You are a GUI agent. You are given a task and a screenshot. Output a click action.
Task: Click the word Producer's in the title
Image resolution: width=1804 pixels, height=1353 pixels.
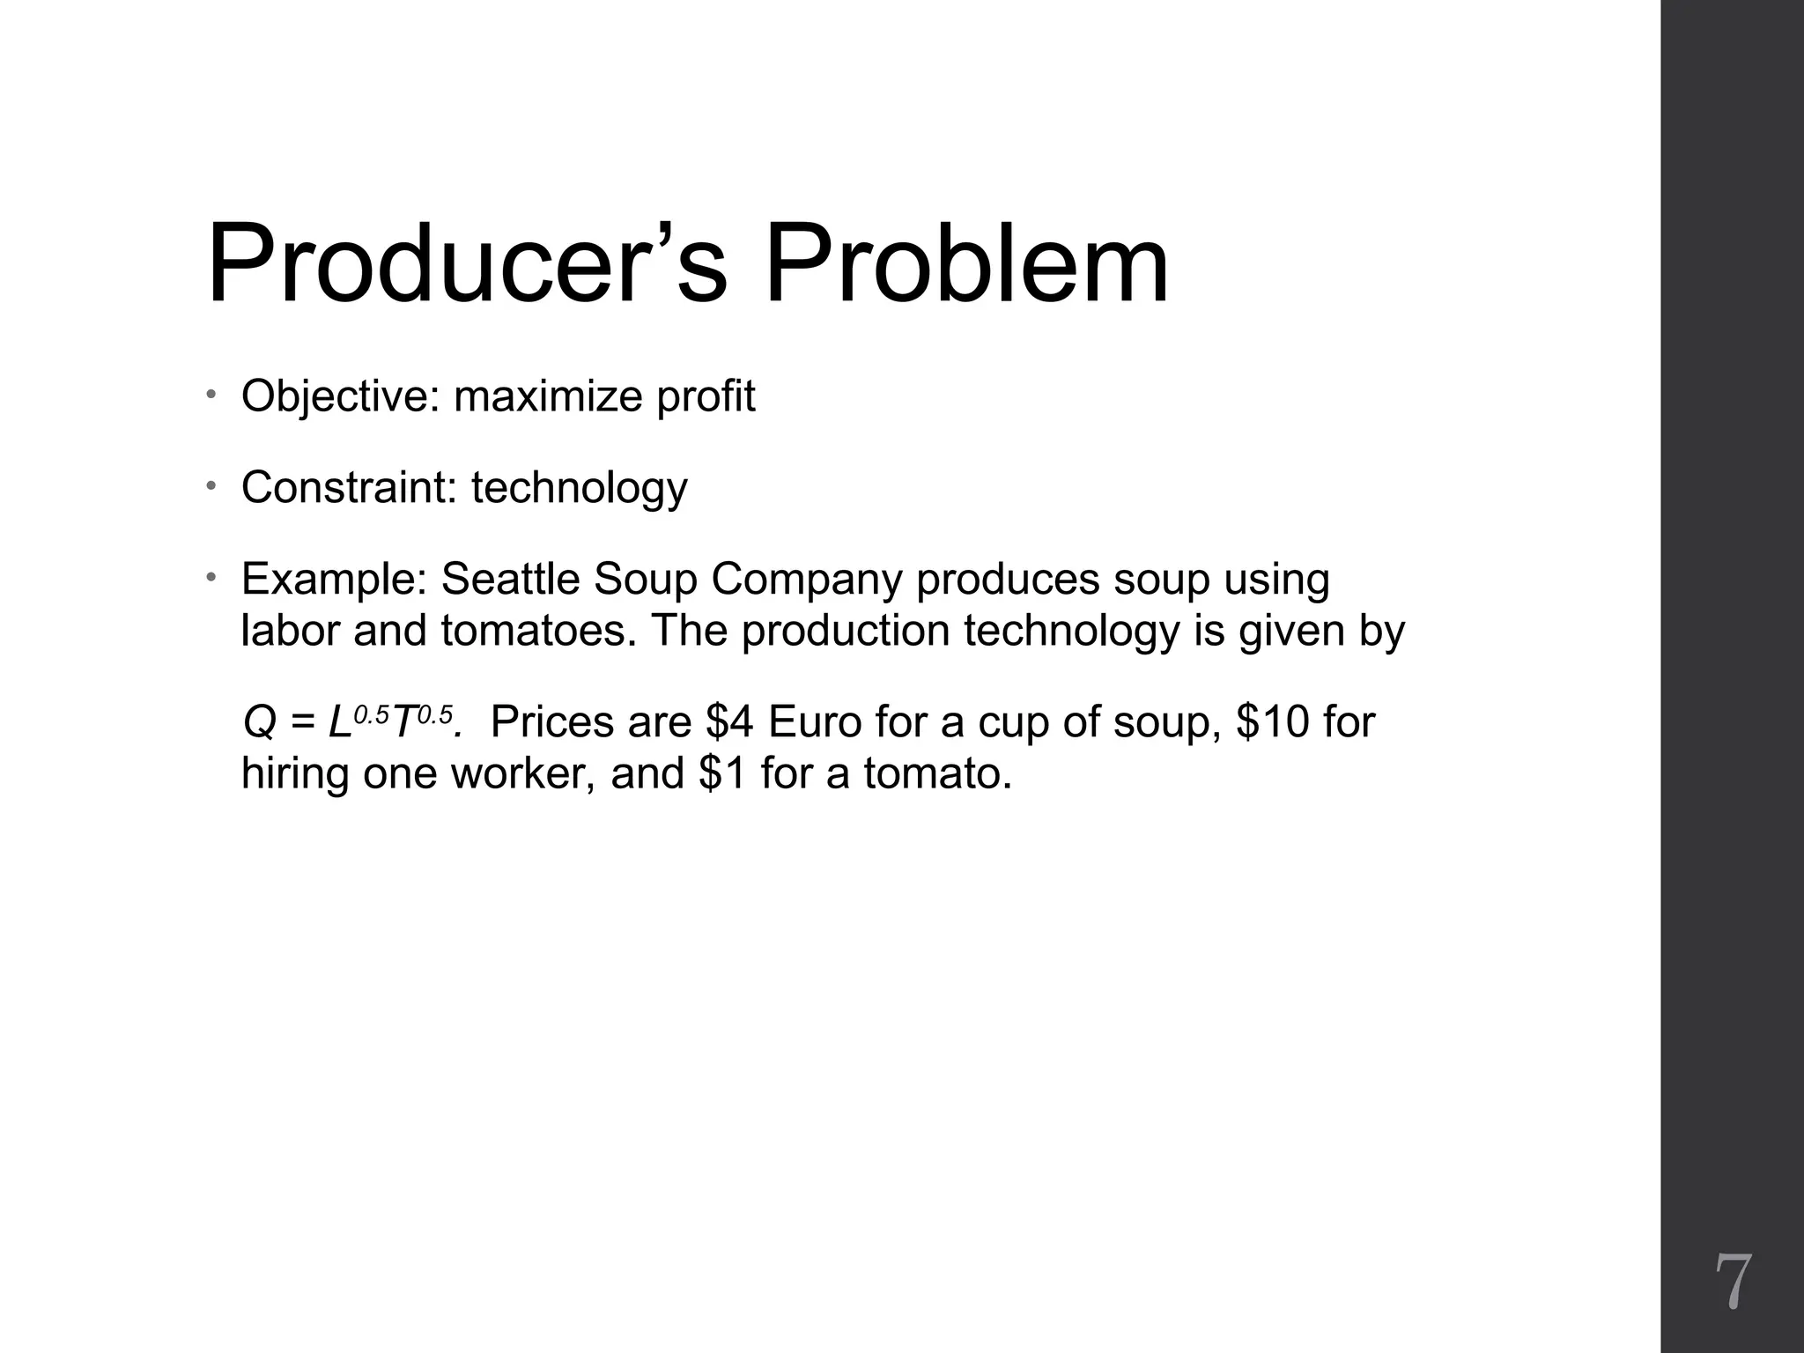[467, 264]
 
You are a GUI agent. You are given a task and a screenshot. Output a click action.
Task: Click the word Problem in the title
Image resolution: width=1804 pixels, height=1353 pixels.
[966, 264]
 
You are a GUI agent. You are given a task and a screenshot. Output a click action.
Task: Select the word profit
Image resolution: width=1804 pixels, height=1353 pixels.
[706, 396]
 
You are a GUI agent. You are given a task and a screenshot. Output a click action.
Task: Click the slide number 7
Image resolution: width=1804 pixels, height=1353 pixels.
[1733, 1283]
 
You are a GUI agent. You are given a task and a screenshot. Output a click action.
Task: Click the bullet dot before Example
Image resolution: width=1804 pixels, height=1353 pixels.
[211, 577]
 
